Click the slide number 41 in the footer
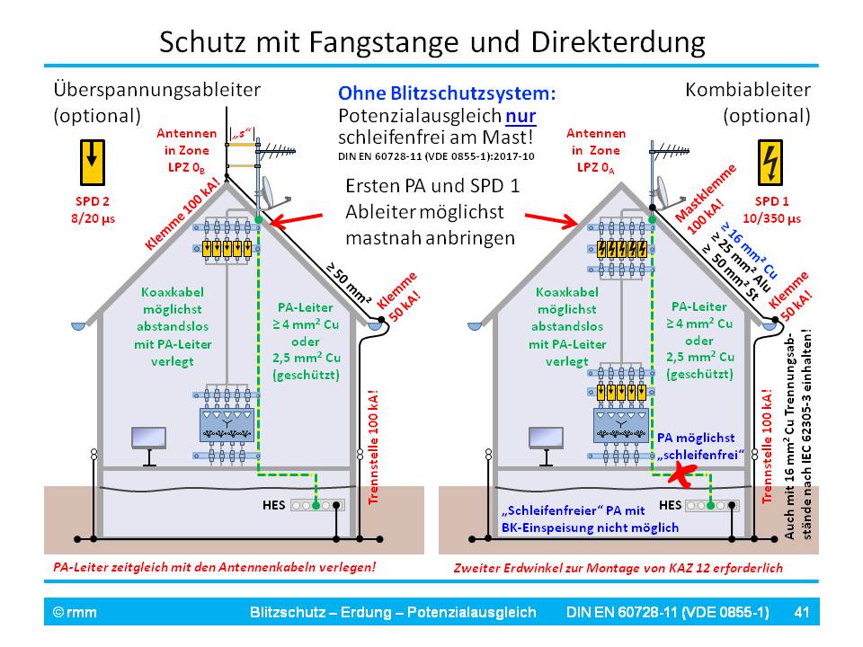point(803,612)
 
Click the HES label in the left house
point(273,504)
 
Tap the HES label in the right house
point(670,504)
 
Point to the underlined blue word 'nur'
point(520,116)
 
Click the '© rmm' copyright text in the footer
point(75,612)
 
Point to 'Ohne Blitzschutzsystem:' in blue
point(446,93)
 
